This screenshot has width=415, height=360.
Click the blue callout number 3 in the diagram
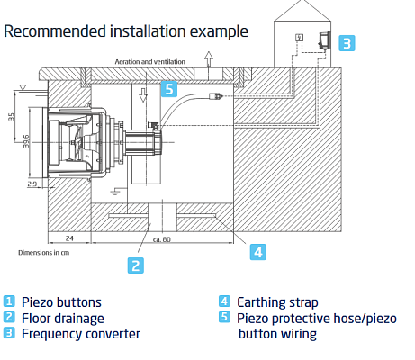[347, 43]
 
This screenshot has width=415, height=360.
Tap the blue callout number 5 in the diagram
[169, 89]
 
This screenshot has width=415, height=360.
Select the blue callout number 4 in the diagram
[258, 252]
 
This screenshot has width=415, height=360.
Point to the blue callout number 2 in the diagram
[136, 265]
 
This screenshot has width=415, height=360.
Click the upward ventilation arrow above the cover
[209, 58]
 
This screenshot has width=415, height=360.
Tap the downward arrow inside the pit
[143, 95]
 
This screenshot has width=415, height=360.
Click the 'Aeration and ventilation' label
[149, 62]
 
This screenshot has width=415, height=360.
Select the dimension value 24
[69, 238]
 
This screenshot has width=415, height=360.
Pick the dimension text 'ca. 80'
[162, 239]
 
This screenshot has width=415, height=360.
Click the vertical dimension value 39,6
[26, 141]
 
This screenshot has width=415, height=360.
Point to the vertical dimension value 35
[11, 117]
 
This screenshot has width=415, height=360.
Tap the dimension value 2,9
[32, 184]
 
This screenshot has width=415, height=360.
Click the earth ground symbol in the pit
[115, 192]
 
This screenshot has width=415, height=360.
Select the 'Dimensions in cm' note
[44, 253]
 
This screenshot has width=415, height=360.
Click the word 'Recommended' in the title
[55, 31]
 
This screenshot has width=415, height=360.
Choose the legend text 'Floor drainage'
[63, 319]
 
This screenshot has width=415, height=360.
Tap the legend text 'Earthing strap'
[277, 302]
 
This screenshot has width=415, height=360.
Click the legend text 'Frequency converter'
[81, 334]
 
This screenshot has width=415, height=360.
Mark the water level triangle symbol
[23, 87]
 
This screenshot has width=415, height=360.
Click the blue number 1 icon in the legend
[9, 301]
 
